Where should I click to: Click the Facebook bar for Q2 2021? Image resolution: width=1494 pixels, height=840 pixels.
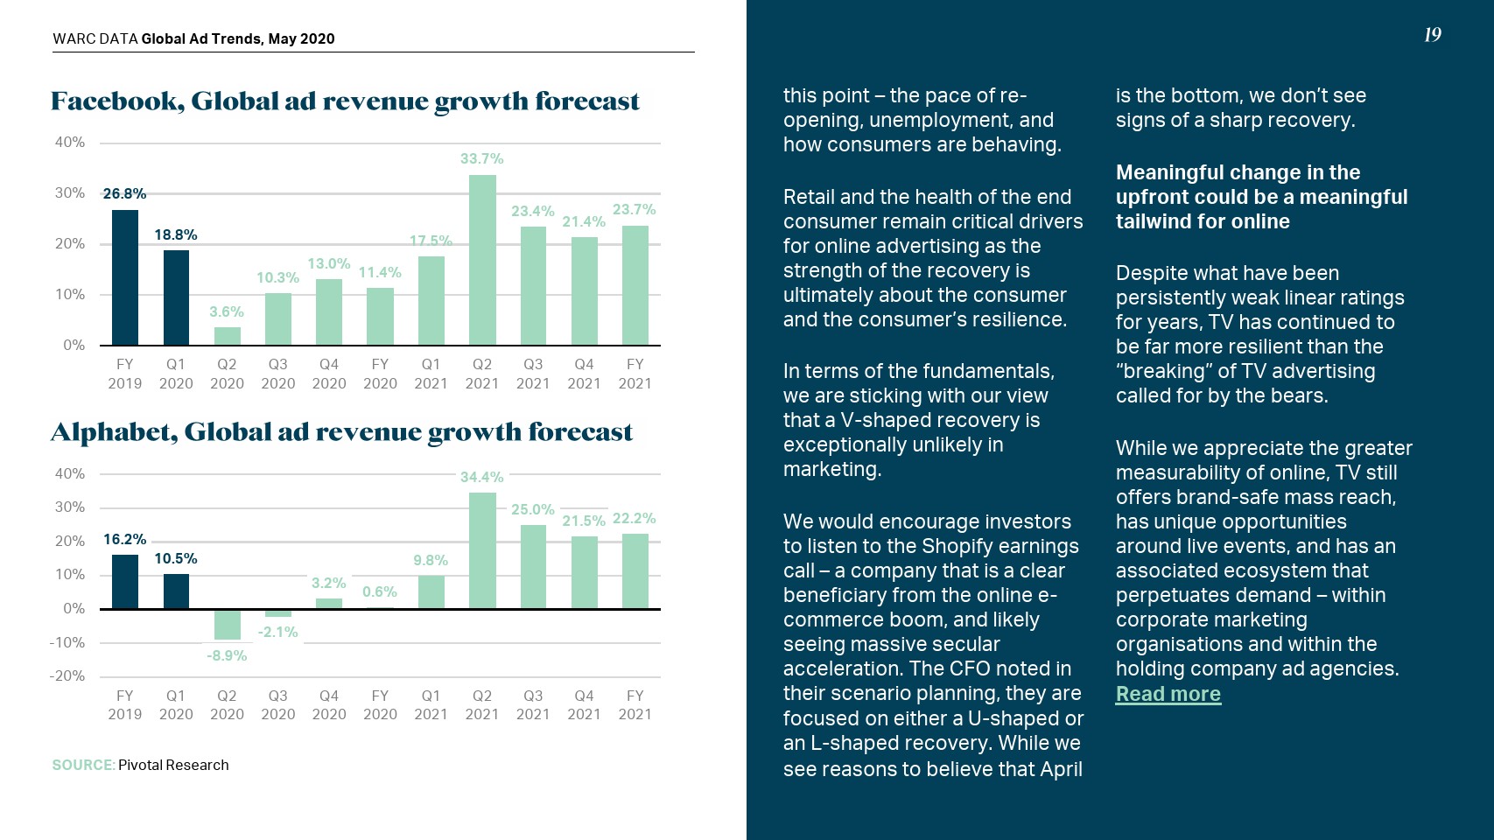tap(482, 260)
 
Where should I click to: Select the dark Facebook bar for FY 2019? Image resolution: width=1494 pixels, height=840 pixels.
tap(125, 277)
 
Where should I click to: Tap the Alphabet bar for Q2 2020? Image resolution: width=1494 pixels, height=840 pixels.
tap(227, 624)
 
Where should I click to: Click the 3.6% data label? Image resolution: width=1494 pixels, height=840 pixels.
tap(227, 311)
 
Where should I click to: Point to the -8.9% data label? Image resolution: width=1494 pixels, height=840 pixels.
tap(227, 655)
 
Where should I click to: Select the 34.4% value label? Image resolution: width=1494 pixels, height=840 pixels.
tap(482, 477)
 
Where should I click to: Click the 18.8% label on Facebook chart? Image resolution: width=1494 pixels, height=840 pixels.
tap(176, 234)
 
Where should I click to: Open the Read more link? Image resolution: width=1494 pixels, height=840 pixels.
tap(1168, 694)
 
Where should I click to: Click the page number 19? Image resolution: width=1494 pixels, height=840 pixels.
tap(1432, 35)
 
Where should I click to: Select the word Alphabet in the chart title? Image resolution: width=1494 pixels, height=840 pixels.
tap(114, 432)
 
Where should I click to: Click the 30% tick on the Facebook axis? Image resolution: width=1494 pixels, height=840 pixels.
tap(70, 192)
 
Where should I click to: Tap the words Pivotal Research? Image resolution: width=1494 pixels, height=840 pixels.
tap(173, 765)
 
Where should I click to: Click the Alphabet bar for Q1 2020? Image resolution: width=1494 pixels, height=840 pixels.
tap(176, 591)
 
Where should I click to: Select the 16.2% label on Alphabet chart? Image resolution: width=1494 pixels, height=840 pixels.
tap(125, 539)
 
